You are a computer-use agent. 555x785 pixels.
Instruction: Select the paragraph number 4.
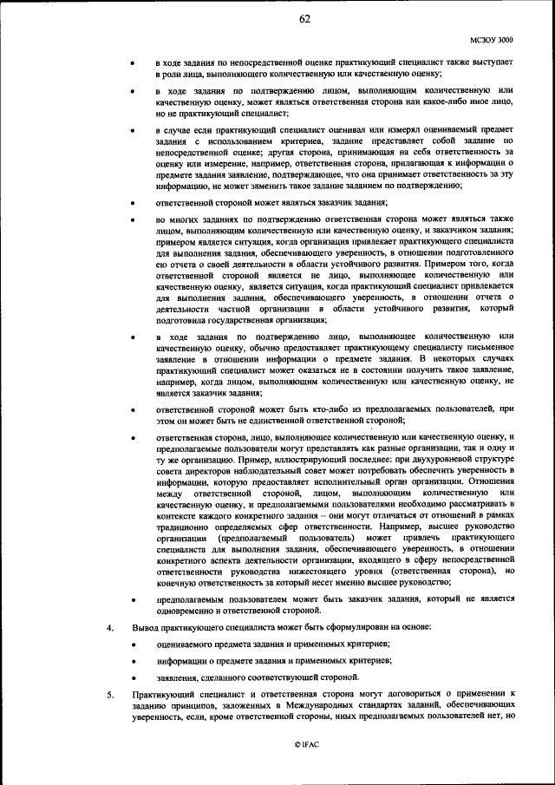tap(109, 626)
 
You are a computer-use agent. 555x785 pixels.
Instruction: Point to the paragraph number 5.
tap(109, 694)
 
